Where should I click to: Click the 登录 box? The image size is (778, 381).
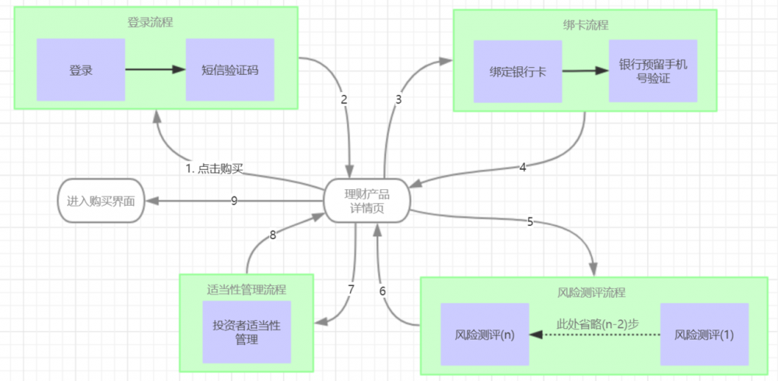[x=81, y=70]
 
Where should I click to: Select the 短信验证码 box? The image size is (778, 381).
[x=230, y=70]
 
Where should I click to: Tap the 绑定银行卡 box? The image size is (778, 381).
[x=517, y=72]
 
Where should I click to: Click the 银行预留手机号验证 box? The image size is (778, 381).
[x=653, y=72]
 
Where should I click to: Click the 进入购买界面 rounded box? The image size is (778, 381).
[x=100, y=201]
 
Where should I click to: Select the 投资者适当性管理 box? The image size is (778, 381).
[x=247, y=331]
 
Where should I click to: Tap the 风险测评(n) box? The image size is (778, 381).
[x=485, y=335]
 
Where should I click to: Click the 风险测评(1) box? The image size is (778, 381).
[x=704, y=335]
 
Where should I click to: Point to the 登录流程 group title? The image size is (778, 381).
[x=150, y=22]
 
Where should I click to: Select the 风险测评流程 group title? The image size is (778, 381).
[x=591, y=293]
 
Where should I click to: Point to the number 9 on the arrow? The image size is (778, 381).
[x=233, y=201]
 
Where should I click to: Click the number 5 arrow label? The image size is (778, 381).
[x=530, y=221]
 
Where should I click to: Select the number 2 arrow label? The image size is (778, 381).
[x=343, y=100]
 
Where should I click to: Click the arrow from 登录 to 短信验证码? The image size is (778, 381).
[x=155, y=70]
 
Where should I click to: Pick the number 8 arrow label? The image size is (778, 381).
[x=273, y=234]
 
